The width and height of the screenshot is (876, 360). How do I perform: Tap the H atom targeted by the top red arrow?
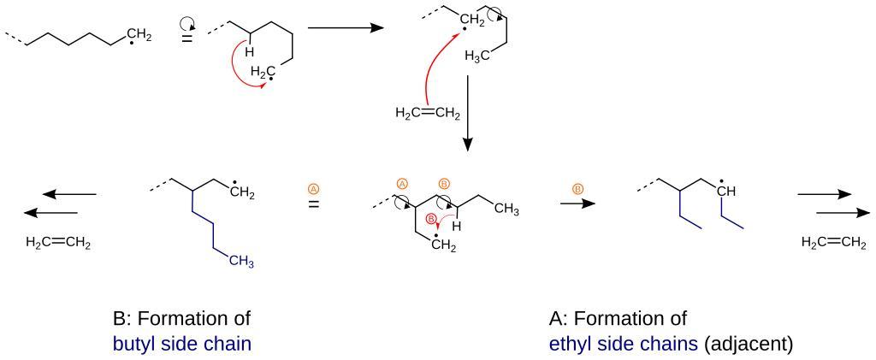point(250,52)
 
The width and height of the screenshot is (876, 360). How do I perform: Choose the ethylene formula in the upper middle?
point(428,113)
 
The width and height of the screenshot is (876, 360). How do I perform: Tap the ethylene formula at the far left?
point(58,242)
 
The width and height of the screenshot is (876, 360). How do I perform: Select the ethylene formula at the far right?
point(833,243)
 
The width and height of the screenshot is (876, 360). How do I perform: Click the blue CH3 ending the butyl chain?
point(242,263)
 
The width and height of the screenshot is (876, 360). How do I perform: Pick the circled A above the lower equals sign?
point(314,187)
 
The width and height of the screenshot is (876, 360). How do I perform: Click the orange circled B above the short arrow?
point(577,187)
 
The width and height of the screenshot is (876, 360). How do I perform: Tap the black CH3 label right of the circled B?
point(506,211)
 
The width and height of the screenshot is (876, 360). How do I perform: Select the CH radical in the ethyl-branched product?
point(726,192)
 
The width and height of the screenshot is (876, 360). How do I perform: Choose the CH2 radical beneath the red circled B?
point(443,246)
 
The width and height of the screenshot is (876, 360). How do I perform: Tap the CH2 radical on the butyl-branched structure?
point(242,192)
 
